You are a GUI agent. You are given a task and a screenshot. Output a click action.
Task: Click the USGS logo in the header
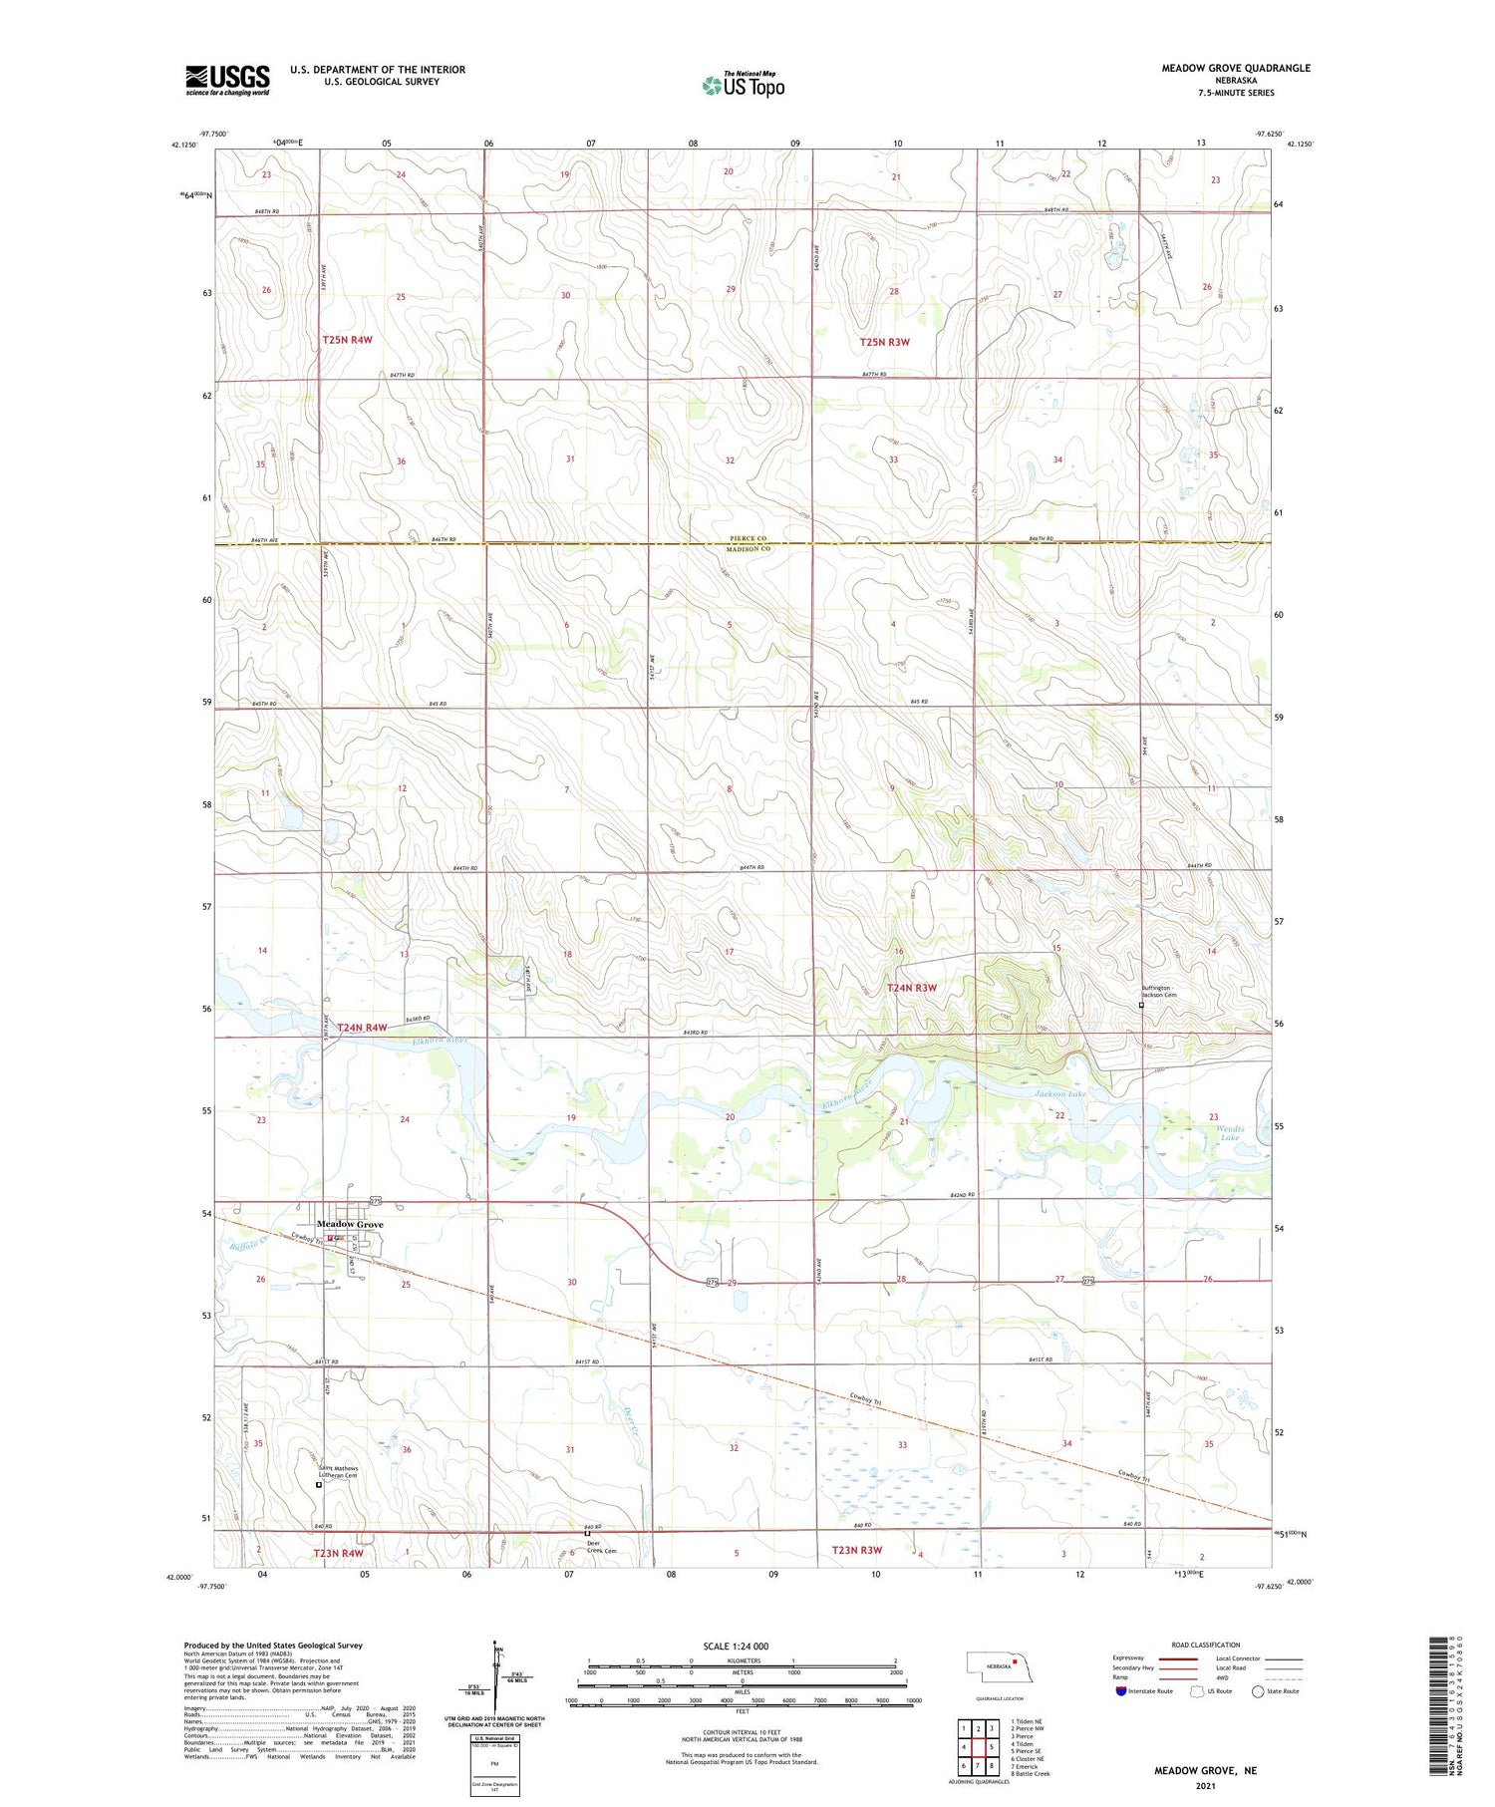click(227, 80)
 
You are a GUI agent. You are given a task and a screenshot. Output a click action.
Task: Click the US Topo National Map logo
click(743, 85)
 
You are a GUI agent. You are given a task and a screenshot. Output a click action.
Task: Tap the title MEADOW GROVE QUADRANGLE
click(1235, 68)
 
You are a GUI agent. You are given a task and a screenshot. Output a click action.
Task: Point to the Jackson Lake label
click(1059, 1093)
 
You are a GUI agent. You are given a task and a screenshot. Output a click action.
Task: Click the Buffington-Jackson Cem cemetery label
click(1159, 992)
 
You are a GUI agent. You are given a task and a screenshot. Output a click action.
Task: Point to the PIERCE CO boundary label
click(747, 538)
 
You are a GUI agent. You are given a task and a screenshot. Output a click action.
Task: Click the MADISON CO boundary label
click(747, 549)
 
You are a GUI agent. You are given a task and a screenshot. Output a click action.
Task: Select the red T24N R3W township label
click(912, 988)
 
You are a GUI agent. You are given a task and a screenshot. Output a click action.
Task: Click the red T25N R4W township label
click(347, 340)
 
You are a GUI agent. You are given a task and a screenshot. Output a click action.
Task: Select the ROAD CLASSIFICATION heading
click(1206, 1645)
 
